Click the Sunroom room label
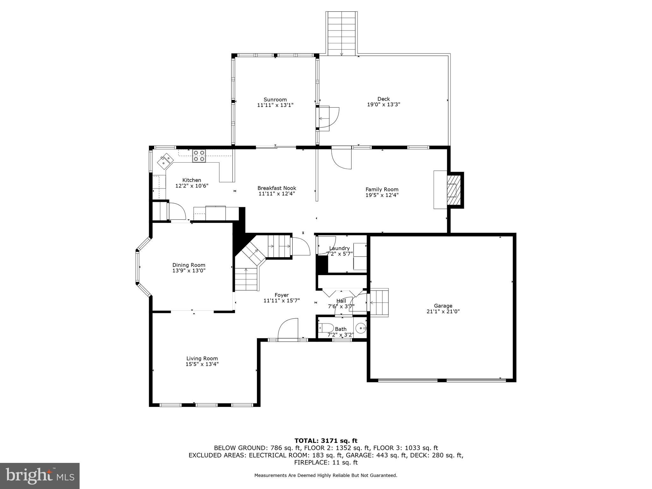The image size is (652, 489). (275, 100)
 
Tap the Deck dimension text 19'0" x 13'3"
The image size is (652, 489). (384, 104)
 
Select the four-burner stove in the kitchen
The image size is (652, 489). (199, 156)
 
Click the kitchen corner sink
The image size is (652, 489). (165, 160)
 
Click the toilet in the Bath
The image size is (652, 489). (326, 328)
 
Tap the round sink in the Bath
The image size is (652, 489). (361, 328)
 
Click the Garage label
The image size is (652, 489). (443, 306)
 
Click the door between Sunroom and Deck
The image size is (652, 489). (328, 118)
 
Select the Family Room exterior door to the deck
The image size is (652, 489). (341, 158)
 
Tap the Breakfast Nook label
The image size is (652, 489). (277, 188)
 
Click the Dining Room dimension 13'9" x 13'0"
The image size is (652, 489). (189, 271)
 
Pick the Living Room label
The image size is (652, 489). (202, 358)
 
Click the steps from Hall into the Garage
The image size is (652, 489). (379, 302)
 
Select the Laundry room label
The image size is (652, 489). (339, 248)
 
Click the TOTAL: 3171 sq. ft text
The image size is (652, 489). (326, 441)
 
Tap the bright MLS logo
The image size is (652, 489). (40, 476)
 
